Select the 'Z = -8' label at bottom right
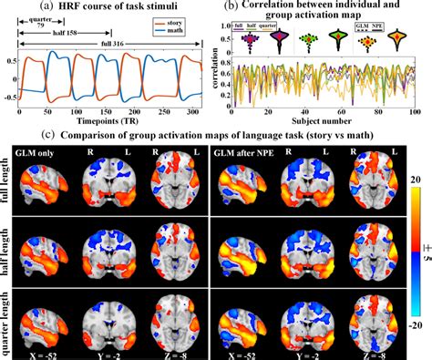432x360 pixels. click(x=369, y=352)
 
